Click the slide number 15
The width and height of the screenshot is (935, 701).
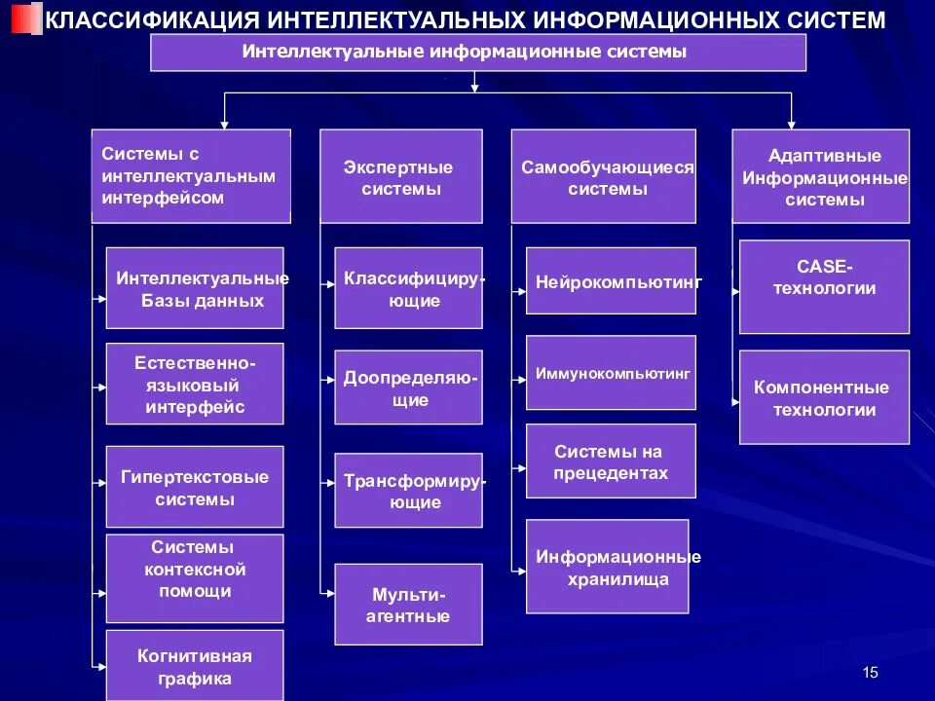point(871,673)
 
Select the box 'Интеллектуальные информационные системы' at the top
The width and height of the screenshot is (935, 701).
point(478,53)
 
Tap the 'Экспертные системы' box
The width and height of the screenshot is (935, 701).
point(401,177)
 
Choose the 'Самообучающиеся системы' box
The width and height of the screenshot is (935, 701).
point(604,177)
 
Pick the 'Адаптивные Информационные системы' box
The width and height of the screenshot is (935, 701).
point(821,177)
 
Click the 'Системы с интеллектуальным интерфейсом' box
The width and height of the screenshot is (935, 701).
point(191,176)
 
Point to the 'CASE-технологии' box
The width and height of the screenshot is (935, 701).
point(824,287)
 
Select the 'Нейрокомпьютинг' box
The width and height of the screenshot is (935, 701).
point(611,281)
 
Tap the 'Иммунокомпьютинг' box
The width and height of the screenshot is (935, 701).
point(611,372)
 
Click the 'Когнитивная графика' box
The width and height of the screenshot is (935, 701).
point(195,666)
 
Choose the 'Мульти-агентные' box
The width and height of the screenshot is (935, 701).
point(409,605)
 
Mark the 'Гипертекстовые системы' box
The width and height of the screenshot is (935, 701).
point(195,487)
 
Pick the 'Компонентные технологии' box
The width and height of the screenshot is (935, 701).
point(824,397)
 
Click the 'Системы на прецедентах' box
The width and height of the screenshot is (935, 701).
point(611,461)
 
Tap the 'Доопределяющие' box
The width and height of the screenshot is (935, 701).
point(409,387)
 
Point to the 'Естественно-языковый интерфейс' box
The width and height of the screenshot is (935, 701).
point(195,384)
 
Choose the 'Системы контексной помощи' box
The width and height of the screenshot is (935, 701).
point(195,577)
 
